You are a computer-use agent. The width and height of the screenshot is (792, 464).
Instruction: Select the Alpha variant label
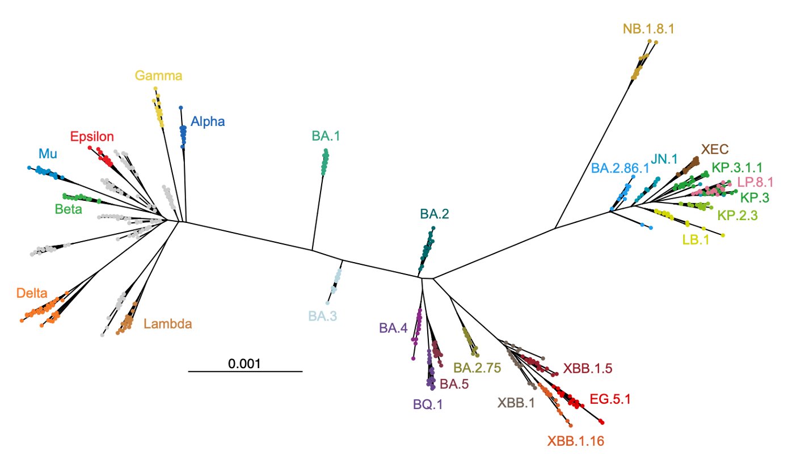208,121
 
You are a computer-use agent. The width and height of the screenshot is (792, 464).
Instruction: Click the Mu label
48,153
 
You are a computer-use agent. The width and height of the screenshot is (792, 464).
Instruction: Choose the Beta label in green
69,209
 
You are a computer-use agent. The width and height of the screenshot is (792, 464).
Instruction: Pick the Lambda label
168,324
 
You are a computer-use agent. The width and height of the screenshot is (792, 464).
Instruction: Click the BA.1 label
326,136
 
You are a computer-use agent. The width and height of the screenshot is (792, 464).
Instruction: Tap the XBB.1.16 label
575,440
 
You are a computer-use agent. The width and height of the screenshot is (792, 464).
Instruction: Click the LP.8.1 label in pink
755,183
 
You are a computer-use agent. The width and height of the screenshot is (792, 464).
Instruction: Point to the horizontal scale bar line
245,372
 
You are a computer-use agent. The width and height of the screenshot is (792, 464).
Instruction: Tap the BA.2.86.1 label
620,168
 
